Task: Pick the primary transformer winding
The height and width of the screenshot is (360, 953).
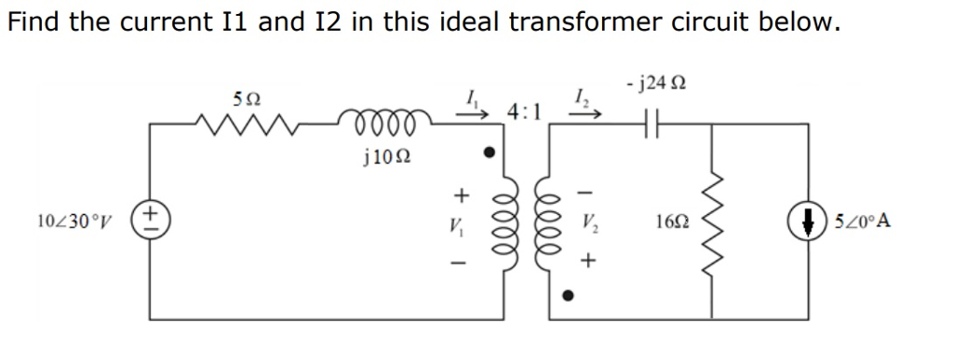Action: pos(506,222)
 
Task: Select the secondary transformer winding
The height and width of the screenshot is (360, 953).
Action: pos(550,222)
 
